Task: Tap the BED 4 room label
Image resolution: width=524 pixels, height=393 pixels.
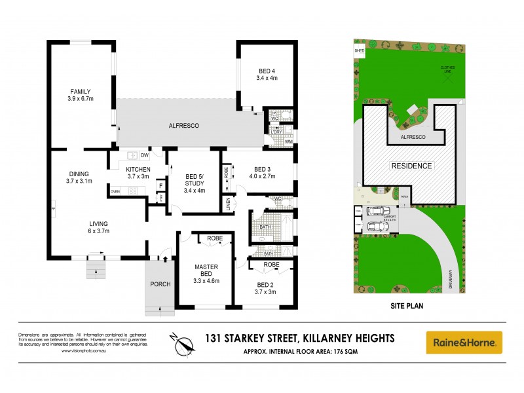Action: click(x=267, y=74)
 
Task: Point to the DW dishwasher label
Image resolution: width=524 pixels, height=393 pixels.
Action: click(x=144, y=156)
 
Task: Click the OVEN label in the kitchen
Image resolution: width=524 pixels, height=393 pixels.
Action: click(x=115, y=191)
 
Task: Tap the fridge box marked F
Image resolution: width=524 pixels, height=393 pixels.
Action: click(x=159, y=186)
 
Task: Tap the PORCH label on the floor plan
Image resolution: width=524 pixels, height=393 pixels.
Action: click(x=160, y=284)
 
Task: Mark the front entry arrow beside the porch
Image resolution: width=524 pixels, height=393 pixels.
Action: click(x=165, y=259)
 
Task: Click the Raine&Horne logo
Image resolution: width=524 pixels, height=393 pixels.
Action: click(x=464, y=342)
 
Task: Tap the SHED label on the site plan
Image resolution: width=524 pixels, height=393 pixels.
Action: click(x=359, y=50)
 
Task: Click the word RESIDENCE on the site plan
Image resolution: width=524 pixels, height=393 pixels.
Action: click(x=412, y=166)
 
